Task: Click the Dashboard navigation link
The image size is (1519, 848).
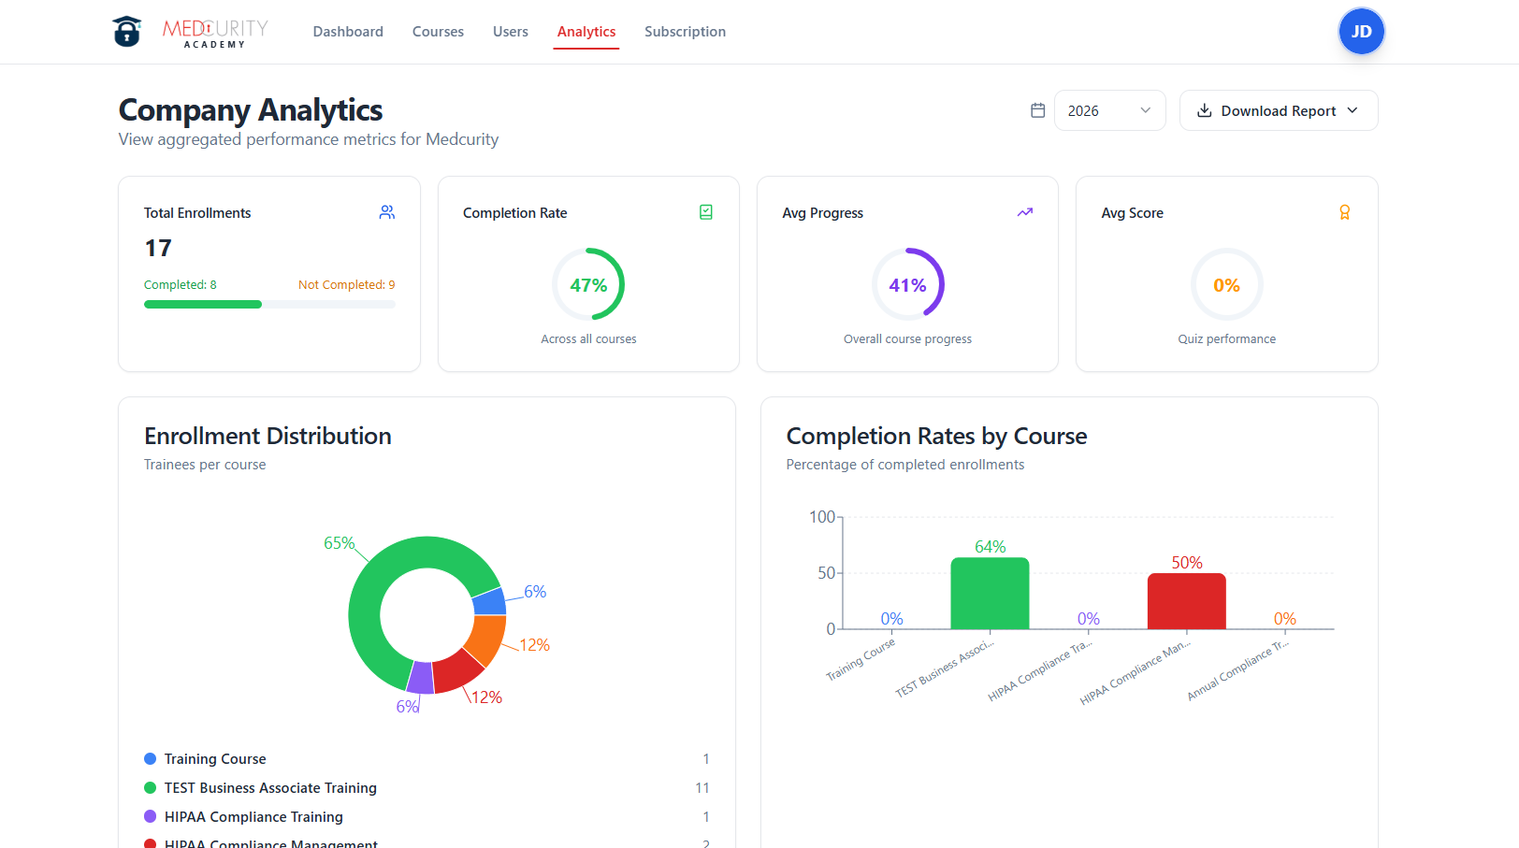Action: (x=348, y=32)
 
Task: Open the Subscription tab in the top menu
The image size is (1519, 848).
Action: (x=685, y=32)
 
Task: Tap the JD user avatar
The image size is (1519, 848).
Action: (x=1361, y=32)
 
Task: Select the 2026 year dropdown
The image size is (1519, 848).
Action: (x=1109, y=110)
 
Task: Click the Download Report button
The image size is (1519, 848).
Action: (x=1278, y=110)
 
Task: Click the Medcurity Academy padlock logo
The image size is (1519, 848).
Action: (x=127, y=32)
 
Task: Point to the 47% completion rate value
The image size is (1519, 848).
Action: (x=588, y=285)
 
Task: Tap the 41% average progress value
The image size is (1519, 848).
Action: (x=907, y=285)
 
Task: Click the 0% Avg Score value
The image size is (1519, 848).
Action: (x=1226, y=285)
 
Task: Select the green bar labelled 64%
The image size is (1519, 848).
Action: (x=990, y=594)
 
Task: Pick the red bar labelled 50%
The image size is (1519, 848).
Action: (x=1186, y=601)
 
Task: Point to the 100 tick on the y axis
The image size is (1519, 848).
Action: (x=822, y=517)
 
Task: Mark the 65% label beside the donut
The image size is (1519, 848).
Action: (x=339, y=543)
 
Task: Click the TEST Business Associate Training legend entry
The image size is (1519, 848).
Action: (x=270, y=788)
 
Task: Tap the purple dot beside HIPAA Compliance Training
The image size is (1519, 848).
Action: (x=150, y=816)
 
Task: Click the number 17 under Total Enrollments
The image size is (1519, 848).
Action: (x=158, y=248)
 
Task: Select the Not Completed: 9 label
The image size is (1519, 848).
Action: (x=346, y=285)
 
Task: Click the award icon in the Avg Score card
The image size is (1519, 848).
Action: (x=1344, y=212)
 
